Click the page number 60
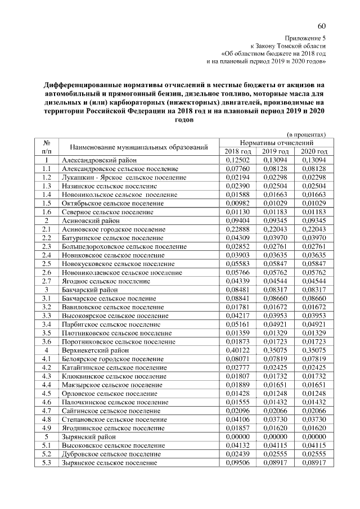[322, 26]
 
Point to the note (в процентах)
[307, 135]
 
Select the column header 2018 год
[237, 152]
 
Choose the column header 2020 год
[313, 152]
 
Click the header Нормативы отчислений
[275, 143]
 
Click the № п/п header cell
[47, 147]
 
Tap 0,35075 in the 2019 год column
[275, 350]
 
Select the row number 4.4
[47, 384]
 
